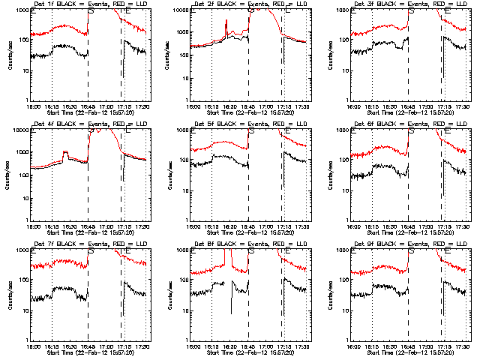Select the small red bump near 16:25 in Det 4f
click(x=64, y=153)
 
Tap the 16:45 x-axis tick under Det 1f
click(x=88, y=107)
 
